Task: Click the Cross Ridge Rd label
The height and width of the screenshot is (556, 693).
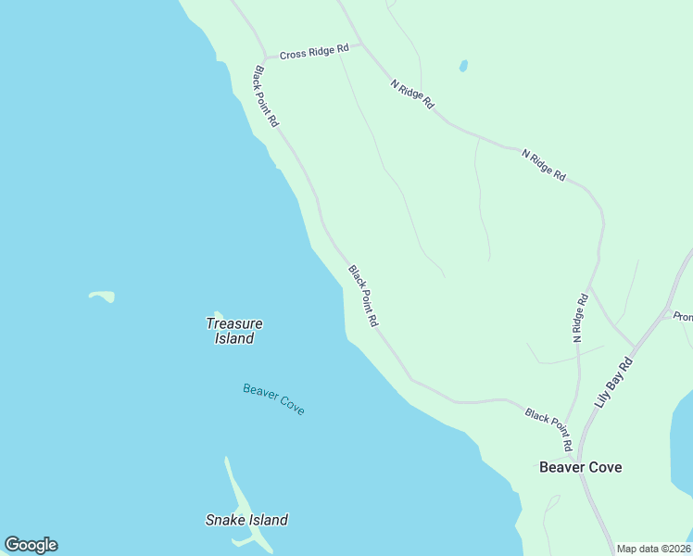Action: (314, 52)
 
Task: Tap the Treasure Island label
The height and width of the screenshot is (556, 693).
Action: (233, 331)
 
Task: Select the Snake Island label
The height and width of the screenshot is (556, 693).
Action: (246, 520)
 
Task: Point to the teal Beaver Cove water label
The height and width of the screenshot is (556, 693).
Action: (273, 398)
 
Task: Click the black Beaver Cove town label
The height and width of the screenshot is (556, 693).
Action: (580, 467)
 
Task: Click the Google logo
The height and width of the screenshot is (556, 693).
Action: (31, 545)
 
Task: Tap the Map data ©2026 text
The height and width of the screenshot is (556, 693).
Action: (653, 549)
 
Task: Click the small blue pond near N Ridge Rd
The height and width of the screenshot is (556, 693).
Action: (463, 66)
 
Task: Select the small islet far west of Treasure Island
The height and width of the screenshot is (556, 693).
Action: (103, 297)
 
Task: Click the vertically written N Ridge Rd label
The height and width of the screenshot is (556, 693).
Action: (580, 318)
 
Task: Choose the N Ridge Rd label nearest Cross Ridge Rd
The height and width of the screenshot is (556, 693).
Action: (412, 95)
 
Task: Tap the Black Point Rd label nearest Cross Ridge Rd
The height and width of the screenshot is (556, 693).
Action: (266, 95)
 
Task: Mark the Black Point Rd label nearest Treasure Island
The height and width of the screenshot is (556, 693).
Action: (363, 296)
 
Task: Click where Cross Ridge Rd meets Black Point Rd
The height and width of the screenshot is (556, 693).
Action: (265, 57)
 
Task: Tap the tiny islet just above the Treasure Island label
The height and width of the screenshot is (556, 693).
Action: (218, 314)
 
